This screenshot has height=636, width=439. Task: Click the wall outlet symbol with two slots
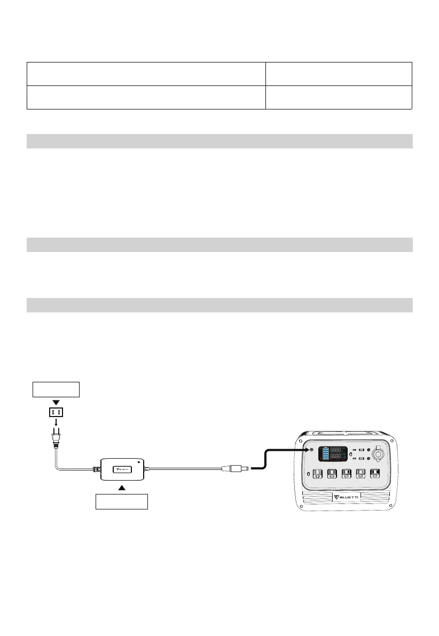point(57,412)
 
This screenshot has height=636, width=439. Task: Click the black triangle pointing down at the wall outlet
point(57,401)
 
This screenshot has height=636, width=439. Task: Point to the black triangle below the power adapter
point(122,488)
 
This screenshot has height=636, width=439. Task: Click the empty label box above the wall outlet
point(57,389)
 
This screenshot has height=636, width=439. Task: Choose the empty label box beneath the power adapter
point(122,501)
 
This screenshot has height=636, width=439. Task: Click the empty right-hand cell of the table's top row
point(339,74)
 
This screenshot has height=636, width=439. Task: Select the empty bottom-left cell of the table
point(146,97)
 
